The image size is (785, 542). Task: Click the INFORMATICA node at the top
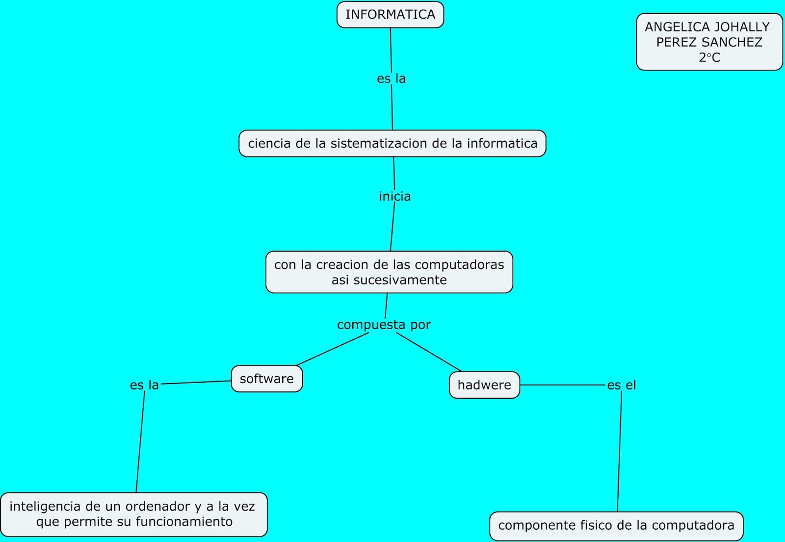(x=390, y=15)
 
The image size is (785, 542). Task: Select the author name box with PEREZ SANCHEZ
(x=709, y=42)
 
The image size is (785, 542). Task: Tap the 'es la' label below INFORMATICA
(x=391, y=78)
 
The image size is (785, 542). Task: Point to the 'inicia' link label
(x=394, y=196)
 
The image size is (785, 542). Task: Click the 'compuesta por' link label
(x=384, y=325)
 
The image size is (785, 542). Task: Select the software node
(x=266, y=379)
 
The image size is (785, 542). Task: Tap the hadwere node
(x=484, y=385)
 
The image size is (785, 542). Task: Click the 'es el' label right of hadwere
(x=621, y=385)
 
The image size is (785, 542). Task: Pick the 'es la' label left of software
(x=144, y=385)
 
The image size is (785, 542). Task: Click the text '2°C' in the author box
(x=709, y=58)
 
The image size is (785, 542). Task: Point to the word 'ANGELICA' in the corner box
(x=670, y=27)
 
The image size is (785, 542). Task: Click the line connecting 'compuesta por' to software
(x=333, y=349)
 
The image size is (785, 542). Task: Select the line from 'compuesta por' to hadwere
(x=429, y=352)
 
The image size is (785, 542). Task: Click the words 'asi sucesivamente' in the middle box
(x=389, y=280)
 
